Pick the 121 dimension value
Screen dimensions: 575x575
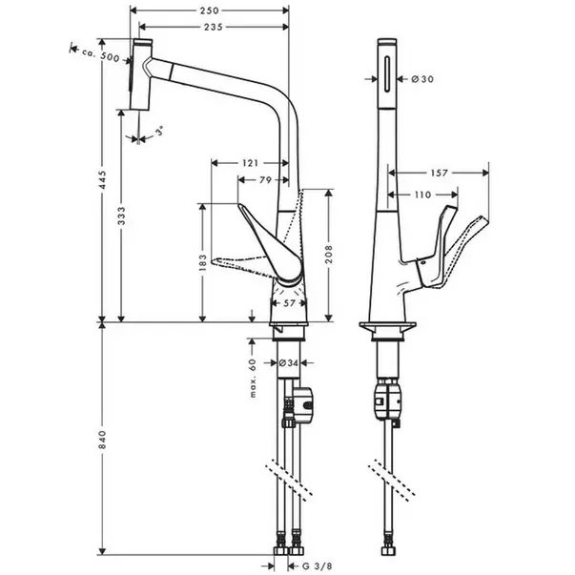pyautogui.click(x=250, y=163)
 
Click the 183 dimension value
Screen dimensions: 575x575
pyautogui.click(x=203, y=263)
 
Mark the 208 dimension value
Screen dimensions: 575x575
pyautogui.click(x=330, y=252)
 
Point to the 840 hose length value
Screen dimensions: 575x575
pyautogui.click(x=101, y=442)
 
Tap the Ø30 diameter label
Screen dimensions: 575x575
pyautogui.click(x=422, y=78)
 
